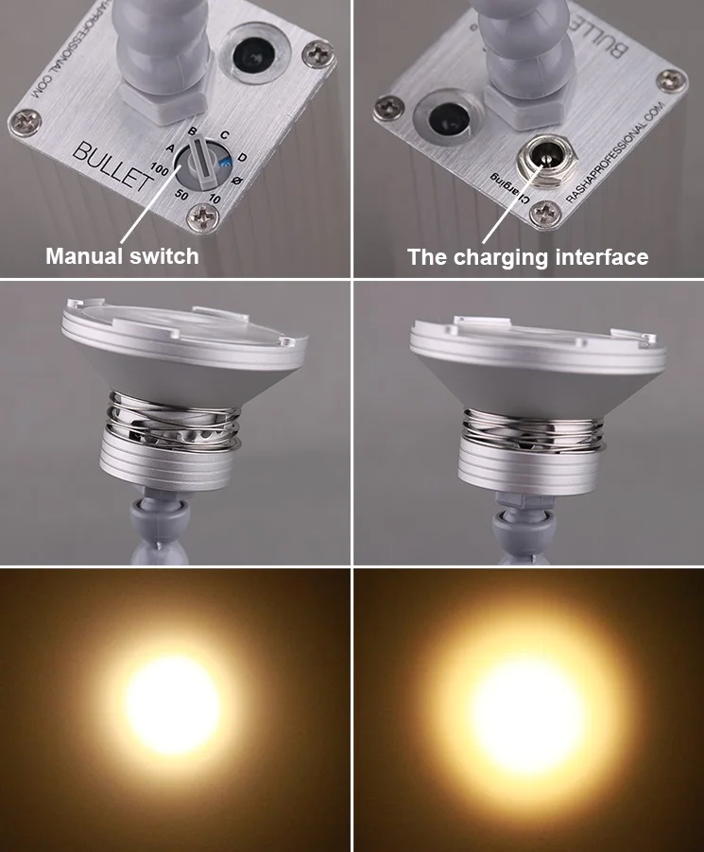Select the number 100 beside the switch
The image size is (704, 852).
point(159,168)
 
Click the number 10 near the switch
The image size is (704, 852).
point(215,198)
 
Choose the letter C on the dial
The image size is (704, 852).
point(224,136)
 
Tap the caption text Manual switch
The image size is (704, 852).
point(123,255)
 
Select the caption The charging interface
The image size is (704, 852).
point(528,256)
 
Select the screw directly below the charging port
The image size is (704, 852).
point(545,213)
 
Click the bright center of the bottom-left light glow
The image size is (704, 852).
point(173,704)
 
